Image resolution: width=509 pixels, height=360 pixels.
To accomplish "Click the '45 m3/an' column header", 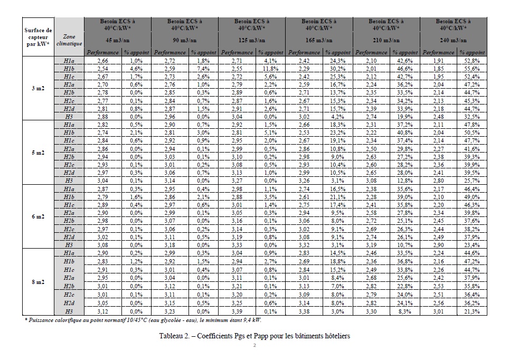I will tap(118, 40).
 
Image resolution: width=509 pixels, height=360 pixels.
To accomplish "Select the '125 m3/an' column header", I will tap(252, 40).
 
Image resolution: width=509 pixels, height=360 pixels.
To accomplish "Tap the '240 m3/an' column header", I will tap(453, 40).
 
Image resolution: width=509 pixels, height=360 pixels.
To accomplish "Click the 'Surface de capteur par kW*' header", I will tap(38, 37).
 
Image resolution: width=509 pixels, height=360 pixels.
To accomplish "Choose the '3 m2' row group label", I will tap(38, 88).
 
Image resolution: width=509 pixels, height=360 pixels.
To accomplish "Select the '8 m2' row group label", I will tap(38, 282).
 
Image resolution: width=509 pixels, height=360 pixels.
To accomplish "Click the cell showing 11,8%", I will tap(270, 69).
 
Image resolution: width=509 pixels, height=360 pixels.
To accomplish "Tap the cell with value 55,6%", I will tap(472, 69).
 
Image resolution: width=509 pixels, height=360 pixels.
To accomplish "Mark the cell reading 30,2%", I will tap(338, 69).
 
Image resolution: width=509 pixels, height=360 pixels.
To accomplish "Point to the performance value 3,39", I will tap(237, 311).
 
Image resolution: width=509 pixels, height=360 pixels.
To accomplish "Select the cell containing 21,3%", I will tap(472, 311).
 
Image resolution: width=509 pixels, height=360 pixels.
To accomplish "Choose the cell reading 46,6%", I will tap(405, 69).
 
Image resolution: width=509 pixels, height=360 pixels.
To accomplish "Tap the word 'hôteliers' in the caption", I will tap(335, 336).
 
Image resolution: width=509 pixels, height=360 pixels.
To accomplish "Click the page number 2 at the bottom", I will tap(254, 346).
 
